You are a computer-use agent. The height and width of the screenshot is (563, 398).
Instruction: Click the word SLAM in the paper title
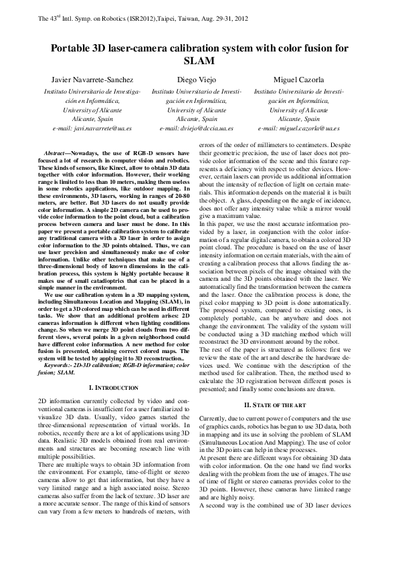[x=199, y=62]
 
